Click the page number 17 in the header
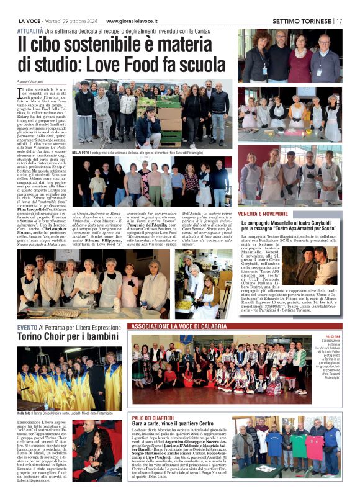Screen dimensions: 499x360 (340, 20)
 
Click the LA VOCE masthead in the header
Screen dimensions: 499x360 (29, 20)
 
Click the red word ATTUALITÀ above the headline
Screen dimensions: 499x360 (30, 30)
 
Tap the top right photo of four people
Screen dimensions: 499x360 (290, 56)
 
